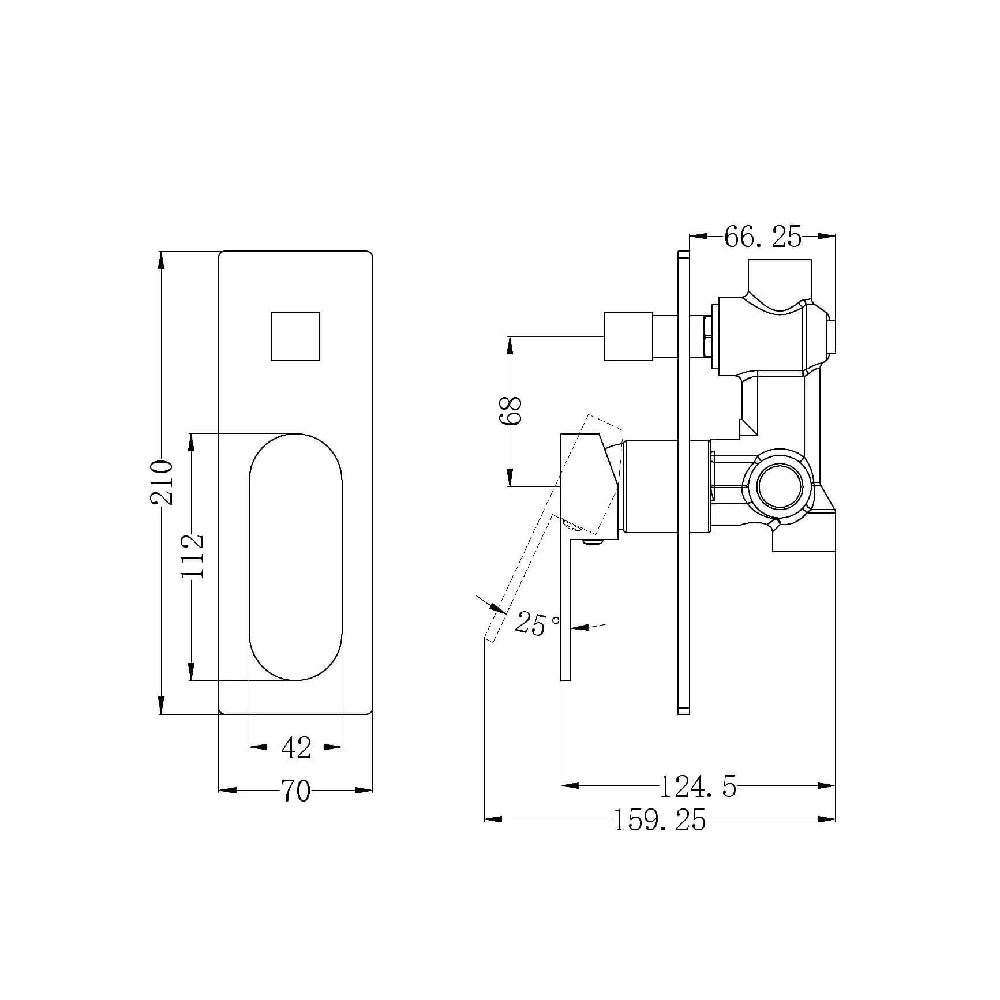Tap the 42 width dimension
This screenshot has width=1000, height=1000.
[296, 748]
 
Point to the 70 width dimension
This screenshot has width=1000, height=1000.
[295, 791]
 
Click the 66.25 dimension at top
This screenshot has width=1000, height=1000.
[763, 237]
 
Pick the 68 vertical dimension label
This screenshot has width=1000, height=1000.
[511, 410]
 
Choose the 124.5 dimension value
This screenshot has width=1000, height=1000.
[698, 786]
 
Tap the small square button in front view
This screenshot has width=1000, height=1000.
[295, 336]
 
